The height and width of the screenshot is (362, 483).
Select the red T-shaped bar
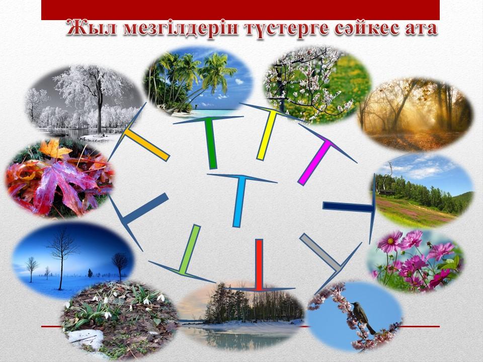coord(260,265)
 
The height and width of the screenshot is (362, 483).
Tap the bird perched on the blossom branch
coord(363,317)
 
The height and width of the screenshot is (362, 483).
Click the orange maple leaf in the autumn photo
coord(55,149)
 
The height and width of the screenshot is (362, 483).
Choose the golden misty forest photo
coord(415,115)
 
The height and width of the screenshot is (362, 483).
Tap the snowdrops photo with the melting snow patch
coord(120,320)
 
